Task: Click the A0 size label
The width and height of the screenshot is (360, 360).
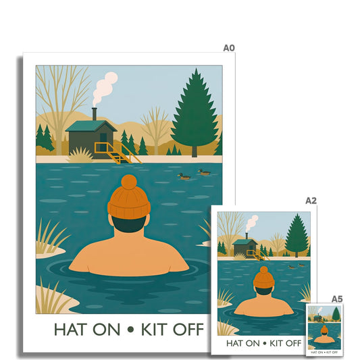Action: (229, 48)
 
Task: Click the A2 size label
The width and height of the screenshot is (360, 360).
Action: (311, 201)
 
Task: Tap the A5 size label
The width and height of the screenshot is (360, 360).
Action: (337, 299)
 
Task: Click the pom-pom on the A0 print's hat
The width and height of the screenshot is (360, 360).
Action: (129, 182)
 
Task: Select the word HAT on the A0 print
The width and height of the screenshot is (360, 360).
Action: (70, 330)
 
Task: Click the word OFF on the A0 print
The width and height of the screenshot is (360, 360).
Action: (188, 330)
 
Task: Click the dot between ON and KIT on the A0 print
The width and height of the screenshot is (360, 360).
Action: (130, 330)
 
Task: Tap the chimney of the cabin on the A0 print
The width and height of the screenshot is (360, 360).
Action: (95, 114)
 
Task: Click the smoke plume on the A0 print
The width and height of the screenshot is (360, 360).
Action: (104, 88)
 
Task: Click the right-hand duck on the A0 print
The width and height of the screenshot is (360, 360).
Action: (204, 172)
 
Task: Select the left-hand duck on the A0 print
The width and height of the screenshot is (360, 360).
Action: (184, 176)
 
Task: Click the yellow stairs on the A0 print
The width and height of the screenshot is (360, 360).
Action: (117, 153)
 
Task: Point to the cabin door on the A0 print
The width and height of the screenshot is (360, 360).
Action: (103, 140)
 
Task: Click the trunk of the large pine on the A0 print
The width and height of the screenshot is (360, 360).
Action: (195, 151)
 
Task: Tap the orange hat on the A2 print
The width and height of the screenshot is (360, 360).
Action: (264, 278)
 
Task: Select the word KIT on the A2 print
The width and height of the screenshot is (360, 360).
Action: (276, 344)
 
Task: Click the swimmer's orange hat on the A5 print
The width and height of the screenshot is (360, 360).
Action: (324, 330)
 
